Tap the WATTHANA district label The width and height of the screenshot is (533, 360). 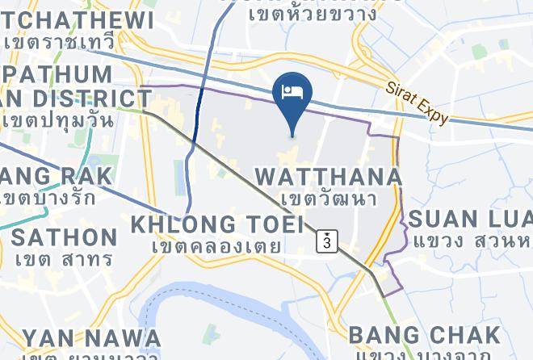pos(327,177)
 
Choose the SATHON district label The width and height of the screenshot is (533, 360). pos(64,237)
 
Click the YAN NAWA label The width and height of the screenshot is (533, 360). pos(90,337)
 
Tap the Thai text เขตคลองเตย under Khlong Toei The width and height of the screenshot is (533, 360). pos(219,245)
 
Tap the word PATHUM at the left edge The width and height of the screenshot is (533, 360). pos(68,74)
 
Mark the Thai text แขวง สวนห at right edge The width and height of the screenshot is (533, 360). pos(472,241)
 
